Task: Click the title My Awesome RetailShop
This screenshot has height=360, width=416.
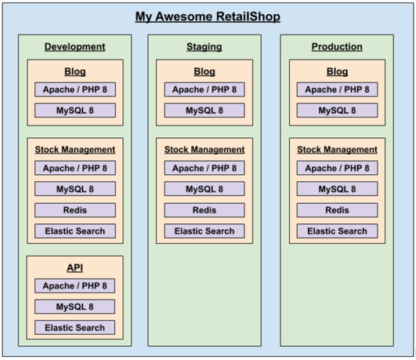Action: [x=208, y=16]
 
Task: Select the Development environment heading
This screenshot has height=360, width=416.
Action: [x=74, y=47]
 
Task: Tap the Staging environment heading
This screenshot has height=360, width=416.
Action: [x=204, y=47]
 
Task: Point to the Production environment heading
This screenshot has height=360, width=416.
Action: [x=337, y=47]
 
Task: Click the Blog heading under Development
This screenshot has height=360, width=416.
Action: [x=75, y=71]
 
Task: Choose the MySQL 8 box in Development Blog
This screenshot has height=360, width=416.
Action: [x=75, y=111]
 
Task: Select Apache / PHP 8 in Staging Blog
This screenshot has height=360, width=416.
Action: [x=204, y=89]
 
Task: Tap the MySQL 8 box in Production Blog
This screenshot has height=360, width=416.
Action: [x=337, y=111]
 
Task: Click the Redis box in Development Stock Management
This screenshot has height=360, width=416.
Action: [x=75, y=210]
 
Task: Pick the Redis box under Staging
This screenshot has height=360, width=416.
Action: [x=204, y=210]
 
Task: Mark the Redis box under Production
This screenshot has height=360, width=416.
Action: [x=337, y=210]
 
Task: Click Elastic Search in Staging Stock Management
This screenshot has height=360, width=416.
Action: [x=204, y=231]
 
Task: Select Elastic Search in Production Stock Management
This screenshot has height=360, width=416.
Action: [x=337, y=231]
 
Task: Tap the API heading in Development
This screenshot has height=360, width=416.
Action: [x=74, y=267]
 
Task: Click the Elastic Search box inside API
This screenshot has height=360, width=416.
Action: [x=74, y=328]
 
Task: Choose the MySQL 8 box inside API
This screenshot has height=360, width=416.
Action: [x=74, y=307]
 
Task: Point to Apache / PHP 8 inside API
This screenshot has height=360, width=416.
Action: [x=74, y=285]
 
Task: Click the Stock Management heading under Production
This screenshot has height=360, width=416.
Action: [x=337, y=150]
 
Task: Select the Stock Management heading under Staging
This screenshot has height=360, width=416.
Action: [x=204, y=150]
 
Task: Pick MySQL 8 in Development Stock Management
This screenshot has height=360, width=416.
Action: [x=75, y=189]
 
